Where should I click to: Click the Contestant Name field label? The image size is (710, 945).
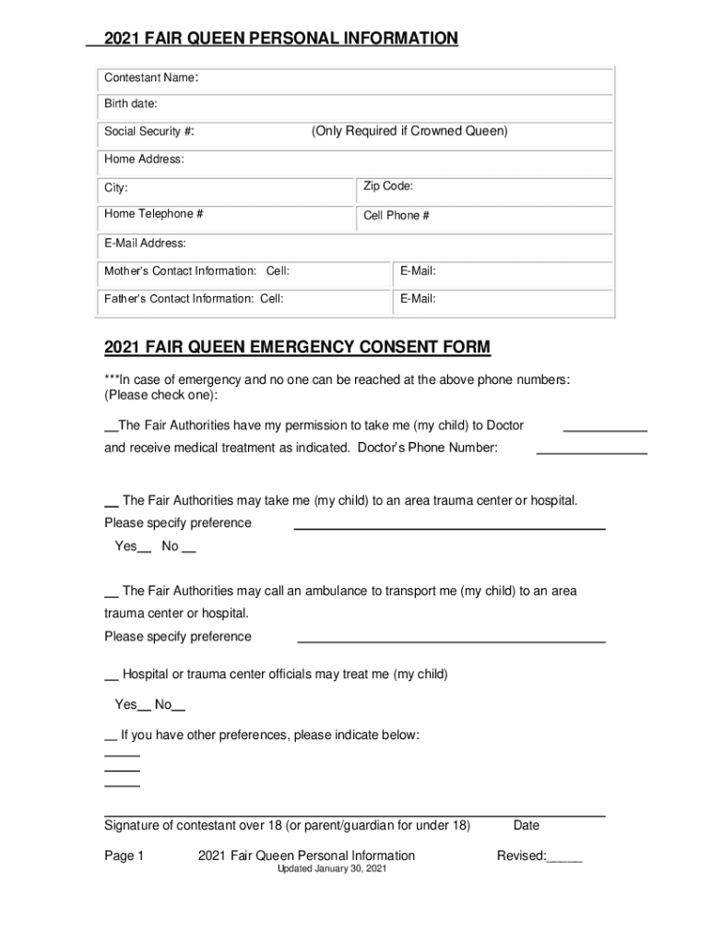pyautogui.click(x=150, y=78)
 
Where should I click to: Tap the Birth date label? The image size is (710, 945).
pyautogui.click(x=131, y=103)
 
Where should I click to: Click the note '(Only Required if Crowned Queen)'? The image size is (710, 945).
pyautogui.click(x=409, y=131)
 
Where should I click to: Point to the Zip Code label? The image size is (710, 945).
pyautogui.click(x=388, y=186)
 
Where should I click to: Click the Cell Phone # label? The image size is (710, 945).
pyautogui.click(x=396, y=216)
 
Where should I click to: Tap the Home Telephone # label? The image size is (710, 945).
pyautogui.click(x=154, y=214)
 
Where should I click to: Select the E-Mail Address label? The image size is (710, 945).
pyautogui.click(x=146, y=244)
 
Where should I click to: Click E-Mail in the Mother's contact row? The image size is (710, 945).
pyautogui.click(x=418, y=271)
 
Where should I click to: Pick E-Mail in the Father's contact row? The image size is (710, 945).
pyautogui.click(x=418, y=299)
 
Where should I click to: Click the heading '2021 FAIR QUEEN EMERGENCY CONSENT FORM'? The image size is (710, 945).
pyautogui.click(x=297, y=347)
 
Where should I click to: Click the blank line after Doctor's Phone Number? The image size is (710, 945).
pyautogui.click(x=591, y=451)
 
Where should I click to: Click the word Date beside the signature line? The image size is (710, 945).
pyautogui.click(x=527, y=825)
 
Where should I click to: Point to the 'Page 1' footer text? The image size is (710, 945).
pyautogui.click(x=124, y=855)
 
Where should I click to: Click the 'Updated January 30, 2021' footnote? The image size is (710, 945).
pyautogui.click(x=333, y=870)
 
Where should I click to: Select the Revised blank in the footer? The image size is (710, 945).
pyautogui.click(x=564, y=858)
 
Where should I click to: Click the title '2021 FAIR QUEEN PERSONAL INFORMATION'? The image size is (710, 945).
pyautogui.click(x=280, y=38)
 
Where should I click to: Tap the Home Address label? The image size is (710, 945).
pyautogui.click(x=144, y=160)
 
